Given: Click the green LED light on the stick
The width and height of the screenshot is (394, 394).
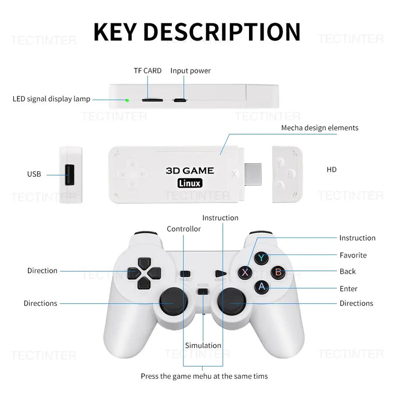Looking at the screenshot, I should pyautogui.click(x=127, y=100).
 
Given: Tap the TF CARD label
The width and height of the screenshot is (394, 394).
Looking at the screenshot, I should pyautogui.click(x=148, y=71).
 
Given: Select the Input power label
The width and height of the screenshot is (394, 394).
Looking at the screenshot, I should pyautogui.click(x=190, y=71).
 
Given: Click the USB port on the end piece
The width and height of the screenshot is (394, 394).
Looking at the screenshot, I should pyautogui.click(x=69, y=175).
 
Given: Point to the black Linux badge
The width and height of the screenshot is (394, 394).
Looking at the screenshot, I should pyautogui.click(x=190, y=183).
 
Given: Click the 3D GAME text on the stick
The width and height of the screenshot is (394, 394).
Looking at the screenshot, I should pyautogui.click(x=190, y=171).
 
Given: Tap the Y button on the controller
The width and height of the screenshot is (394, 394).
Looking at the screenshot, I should pyautogui.click(x=262, y=257).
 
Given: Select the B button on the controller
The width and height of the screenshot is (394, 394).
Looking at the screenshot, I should pyautogui.click(x=277, y=271).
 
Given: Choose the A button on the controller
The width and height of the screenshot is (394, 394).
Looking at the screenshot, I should pyautogui.click(x=262, y=286).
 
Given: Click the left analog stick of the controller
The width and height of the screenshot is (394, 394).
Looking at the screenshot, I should pyautogui.click(x=174, y=302).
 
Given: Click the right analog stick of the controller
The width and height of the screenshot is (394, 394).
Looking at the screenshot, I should pyautogui.click(x=232, y=302).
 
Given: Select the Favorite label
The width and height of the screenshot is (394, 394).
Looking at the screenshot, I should pyautogui.click(x=353, y=255).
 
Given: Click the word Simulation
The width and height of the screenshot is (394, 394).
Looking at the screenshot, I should pyautogui.click(x=203, y=345).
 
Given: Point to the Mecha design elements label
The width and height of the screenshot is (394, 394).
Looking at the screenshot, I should pyautogui.click(x=320, y=128).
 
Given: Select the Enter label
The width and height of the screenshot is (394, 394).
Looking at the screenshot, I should pyautogui.click(x=348, y=288).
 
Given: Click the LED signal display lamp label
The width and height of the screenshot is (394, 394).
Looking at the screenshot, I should pyautogui.click(x=51, y=99).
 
